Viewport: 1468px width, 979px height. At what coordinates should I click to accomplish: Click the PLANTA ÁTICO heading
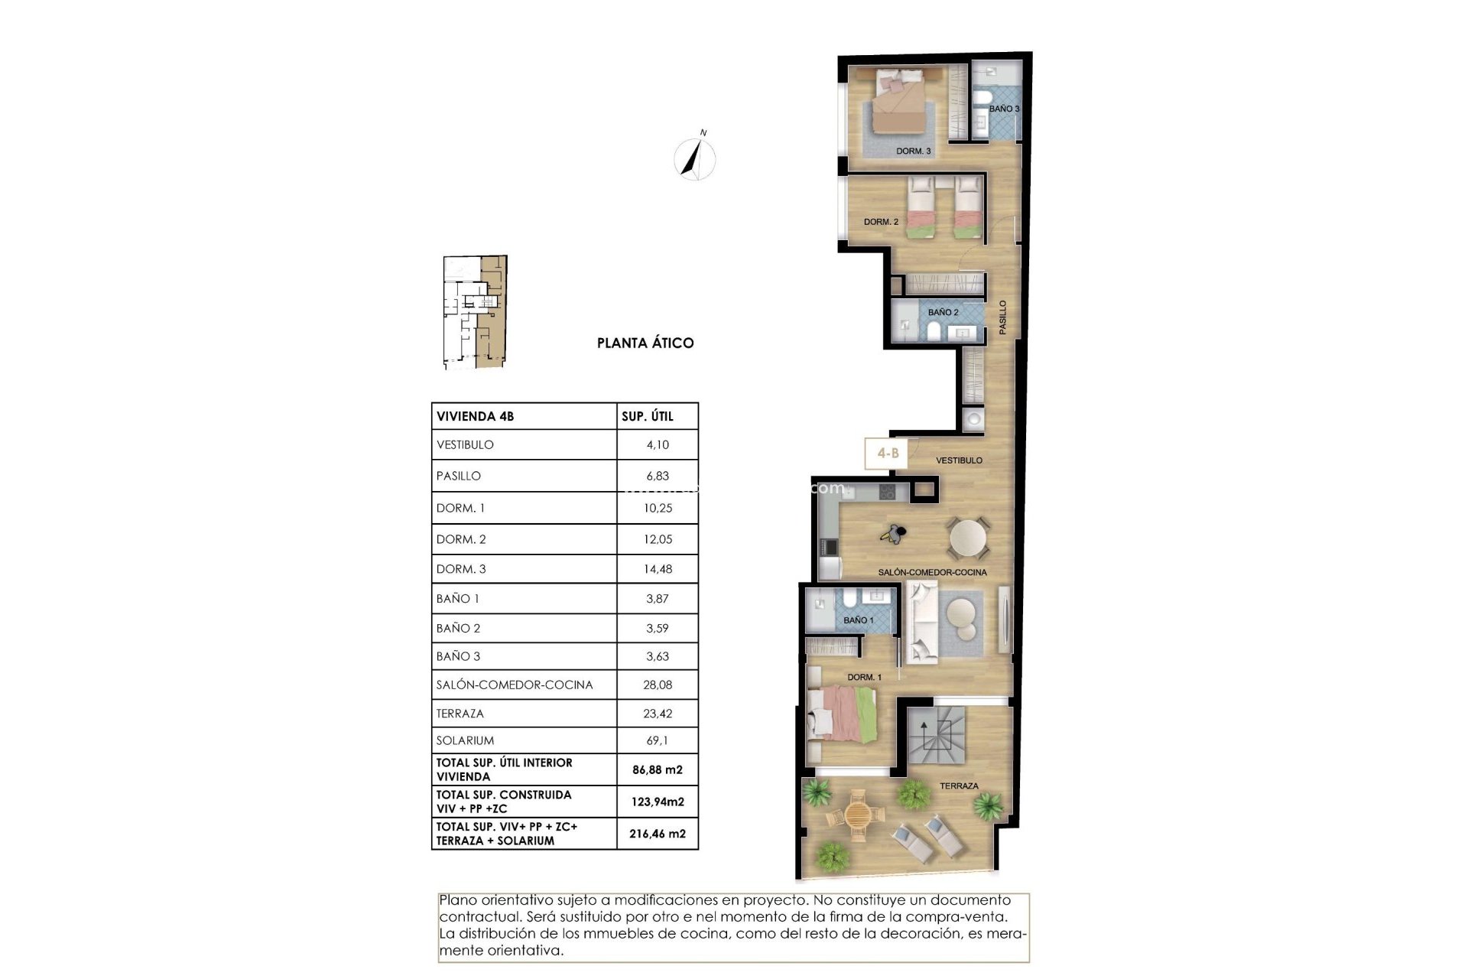click(645, 343)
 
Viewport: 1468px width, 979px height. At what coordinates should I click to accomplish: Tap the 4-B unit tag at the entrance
click(887, 454)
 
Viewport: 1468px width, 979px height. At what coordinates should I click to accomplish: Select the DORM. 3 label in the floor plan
click(914, 151)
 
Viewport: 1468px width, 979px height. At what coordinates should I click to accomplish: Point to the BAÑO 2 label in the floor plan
click(943, 313)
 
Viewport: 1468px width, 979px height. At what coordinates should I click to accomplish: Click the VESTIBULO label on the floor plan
click(959, 460)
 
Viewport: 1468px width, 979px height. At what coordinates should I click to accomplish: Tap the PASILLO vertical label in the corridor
click(1002, 317)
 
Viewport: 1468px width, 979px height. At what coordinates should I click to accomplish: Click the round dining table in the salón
click(968, 538)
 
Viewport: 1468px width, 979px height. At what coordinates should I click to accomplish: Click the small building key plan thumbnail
click(475, 313)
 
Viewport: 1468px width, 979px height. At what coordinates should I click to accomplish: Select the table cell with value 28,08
click(658, 685)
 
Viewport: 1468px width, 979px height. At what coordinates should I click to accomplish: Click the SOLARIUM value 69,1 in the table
click(658, 740)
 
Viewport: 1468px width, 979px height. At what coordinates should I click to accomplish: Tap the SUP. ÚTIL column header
click(648, 416)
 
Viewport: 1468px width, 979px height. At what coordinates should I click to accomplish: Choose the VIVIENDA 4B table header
click(476, 416)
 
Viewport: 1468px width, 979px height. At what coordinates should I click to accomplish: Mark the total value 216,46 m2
click(658, 834)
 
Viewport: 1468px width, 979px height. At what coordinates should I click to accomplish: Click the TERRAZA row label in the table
click(460, 714)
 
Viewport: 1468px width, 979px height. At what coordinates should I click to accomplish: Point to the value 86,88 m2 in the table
click(658, 770)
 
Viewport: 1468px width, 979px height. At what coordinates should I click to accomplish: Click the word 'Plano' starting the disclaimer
click(457, 900)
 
